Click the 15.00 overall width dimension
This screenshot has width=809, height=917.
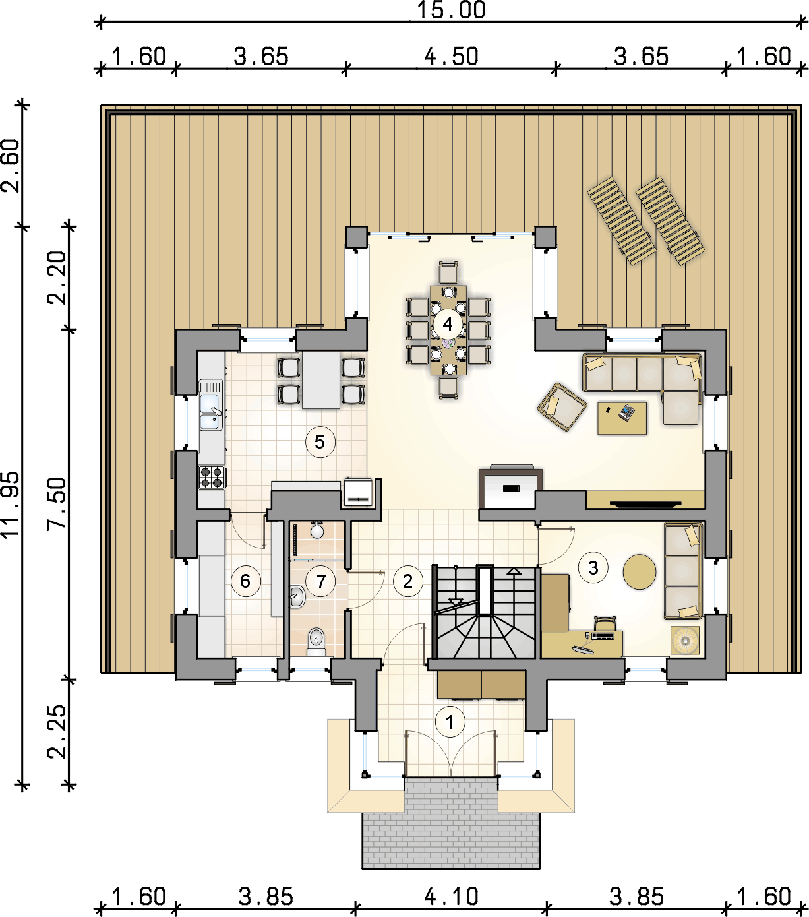point(450,10)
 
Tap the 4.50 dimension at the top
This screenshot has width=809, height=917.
point(451,57)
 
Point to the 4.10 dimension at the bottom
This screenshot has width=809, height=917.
point(451,896)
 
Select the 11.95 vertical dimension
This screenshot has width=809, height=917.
point(11,505)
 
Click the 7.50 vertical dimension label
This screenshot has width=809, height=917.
point(57,503)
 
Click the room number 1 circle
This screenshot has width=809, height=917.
point(450,722)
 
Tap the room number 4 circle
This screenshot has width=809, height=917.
point(448,324)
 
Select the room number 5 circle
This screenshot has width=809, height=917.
point(320,442)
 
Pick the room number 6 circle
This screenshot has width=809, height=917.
point(245,581)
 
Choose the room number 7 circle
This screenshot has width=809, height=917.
point(321,581)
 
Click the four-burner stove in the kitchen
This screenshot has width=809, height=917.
point(212,477)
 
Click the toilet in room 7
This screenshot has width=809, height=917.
point(316,641)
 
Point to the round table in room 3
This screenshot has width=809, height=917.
point(640,572)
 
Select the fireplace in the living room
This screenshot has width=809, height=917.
point(511,488)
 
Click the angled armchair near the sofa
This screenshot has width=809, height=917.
point(562,406)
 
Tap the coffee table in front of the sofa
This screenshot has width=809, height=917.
point(622,418)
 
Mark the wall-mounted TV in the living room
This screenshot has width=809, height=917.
point(645,503)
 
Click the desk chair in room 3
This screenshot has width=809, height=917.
point(605,623)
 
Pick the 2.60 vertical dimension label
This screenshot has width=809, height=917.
point(11,165)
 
